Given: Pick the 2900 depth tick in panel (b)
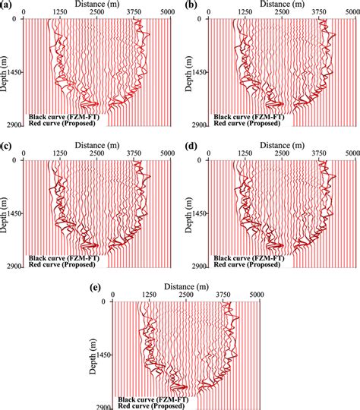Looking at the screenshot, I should click(199, 126).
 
